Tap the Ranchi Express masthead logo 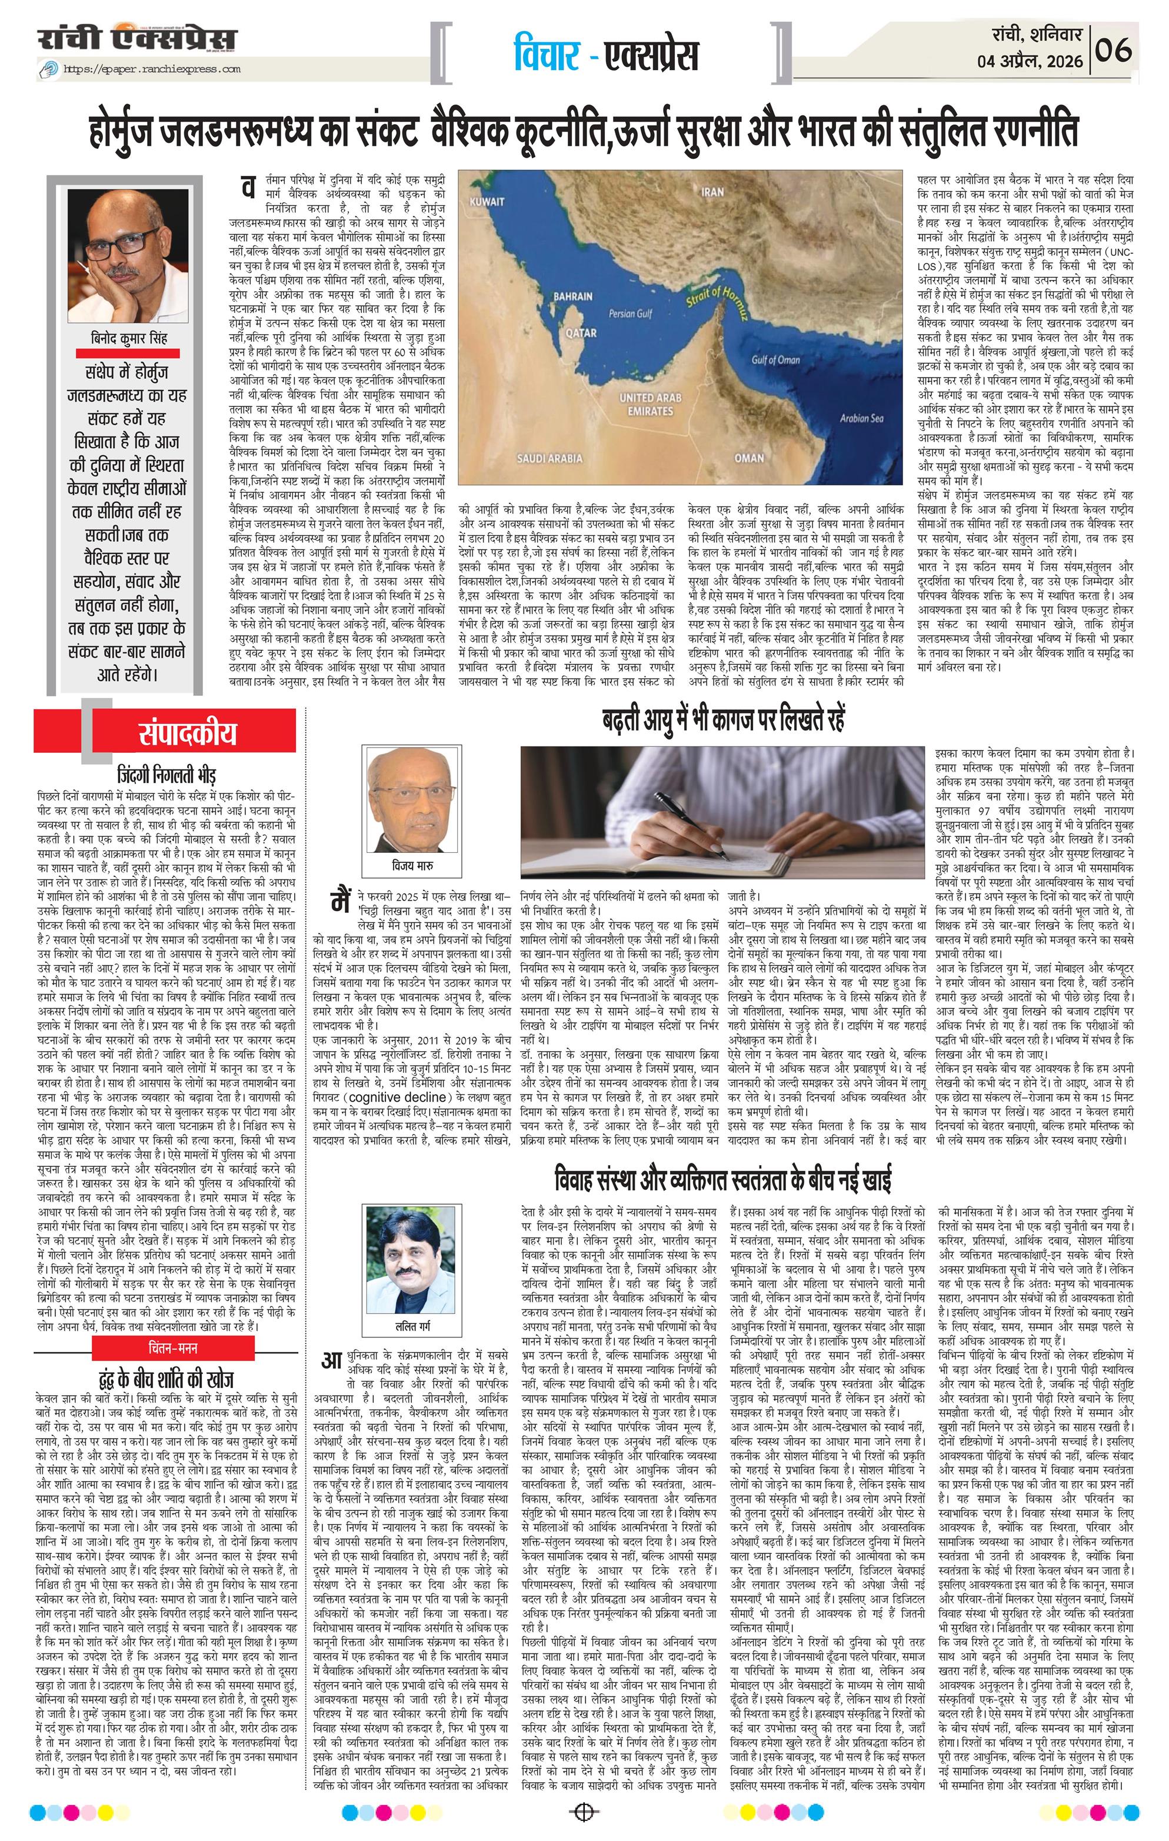point(138,39)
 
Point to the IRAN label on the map point(712,192)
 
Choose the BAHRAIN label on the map point(572,296)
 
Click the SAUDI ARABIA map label point(551,459)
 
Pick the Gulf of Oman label point(776,360)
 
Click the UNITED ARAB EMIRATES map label point(650,403)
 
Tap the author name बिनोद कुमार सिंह point(128,339)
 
